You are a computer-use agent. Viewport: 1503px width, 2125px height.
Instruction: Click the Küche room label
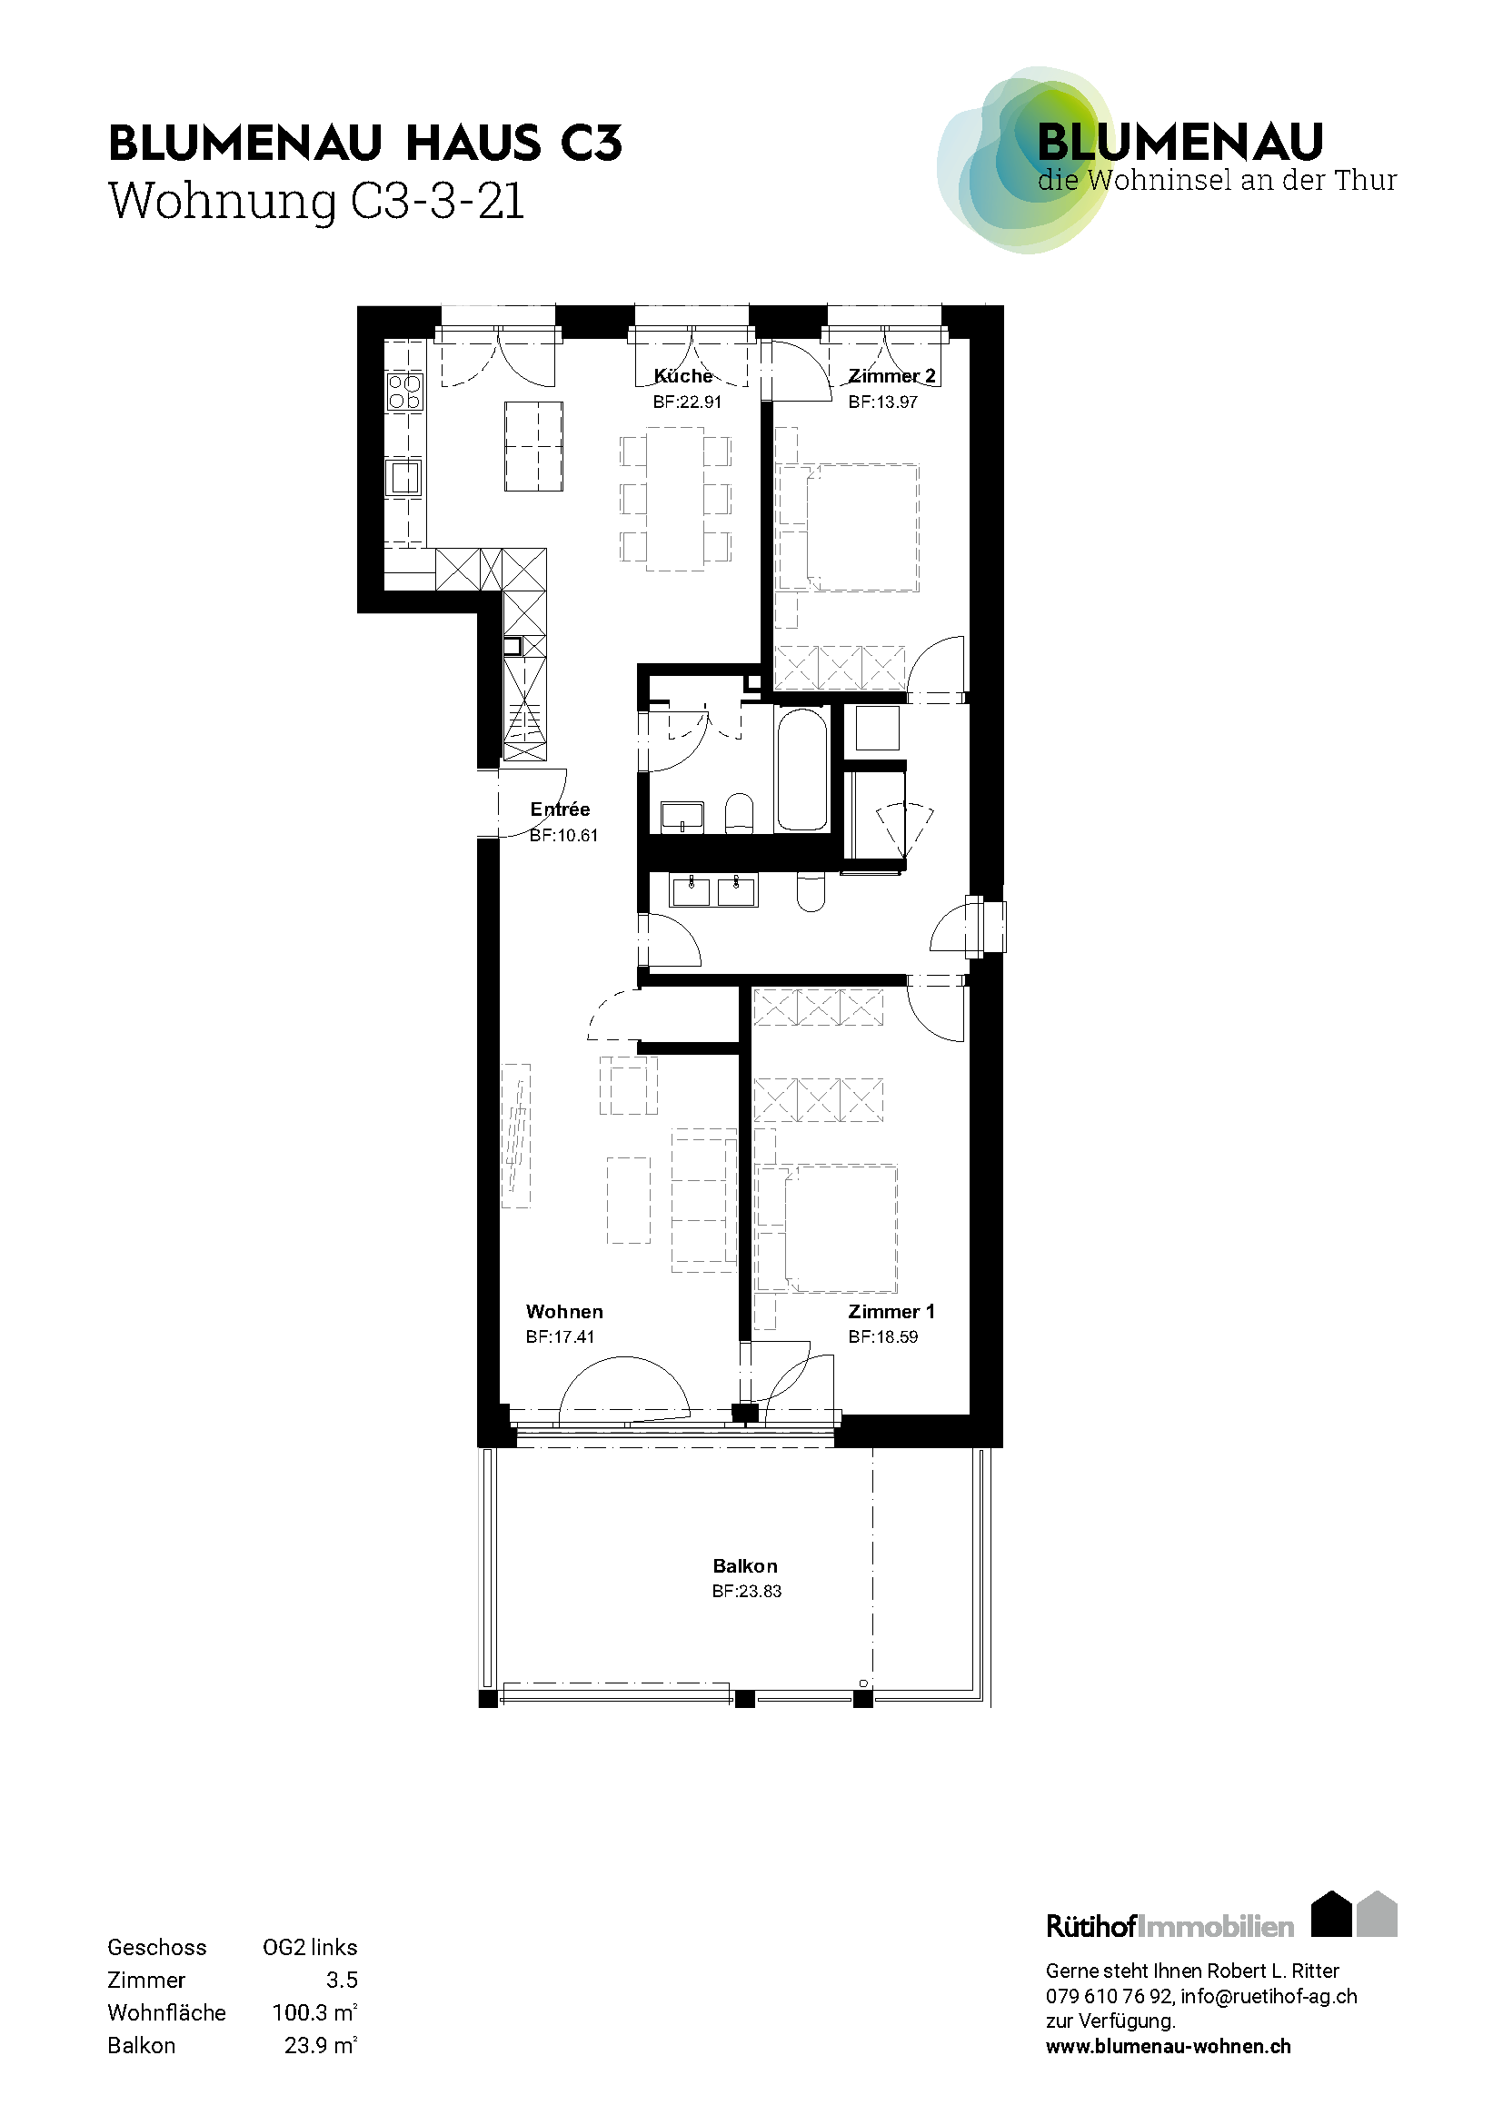tap(683, 376)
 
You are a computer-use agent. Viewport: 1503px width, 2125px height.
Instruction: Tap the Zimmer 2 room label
tap(891, 376)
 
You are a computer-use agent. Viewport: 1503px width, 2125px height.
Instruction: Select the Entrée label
tap(560, 809)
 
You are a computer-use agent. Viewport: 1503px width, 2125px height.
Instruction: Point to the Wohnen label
tap(563, 1312)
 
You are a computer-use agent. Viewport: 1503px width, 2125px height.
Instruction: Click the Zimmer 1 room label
tap(891, 1312)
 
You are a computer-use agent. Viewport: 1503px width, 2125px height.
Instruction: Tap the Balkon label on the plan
tap(745, 1566)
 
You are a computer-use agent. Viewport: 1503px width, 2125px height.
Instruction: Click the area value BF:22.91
tap(687, 402)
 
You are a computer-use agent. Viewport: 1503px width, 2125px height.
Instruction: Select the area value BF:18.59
tap(883, 1336)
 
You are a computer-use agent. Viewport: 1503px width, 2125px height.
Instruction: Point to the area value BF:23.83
tap(747, 1591)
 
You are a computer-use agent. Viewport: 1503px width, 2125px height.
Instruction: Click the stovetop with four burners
tap(404, 392)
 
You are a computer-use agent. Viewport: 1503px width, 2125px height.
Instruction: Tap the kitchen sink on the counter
tap(403, 478)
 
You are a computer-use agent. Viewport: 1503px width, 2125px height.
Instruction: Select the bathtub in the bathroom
tap(801, 770)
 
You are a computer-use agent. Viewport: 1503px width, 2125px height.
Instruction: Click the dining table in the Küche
tap(675, 499)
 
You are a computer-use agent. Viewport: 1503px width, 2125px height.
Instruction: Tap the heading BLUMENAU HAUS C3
tap(365, 144)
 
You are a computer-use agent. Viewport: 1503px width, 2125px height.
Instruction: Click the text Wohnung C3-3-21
tap(316, 202)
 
